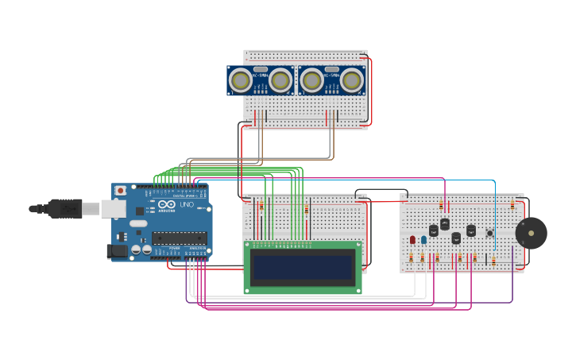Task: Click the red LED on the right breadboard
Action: pos(412,239)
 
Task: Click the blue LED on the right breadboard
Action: pos(423,239)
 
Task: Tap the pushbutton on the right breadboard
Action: pos(490,233)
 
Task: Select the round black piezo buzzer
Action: pos(531,233)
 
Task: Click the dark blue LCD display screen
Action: pos(303,267)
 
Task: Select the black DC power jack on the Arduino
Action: pos(117,251)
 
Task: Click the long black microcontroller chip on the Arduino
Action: pos(179,237)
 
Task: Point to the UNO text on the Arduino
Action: pos(187,205)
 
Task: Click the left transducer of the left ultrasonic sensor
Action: pos(241,80)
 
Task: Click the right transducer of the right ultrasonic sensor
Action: pos(351,80)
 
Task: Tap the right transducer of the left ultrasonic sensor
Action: pos(280,80)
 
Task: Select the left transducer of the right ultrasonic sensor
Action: pos(312,80)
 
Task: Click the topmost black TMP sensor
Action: pos(445,224)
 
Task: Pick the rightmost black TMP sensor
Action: pos(471,230)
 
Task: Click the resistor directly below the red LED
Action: pos(411,257)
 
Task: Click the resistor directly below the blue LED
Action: pos(423,257)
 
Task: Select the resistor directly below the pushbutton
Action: pos(493,260)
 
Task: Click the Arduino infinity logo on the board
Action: pos(167,204)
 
